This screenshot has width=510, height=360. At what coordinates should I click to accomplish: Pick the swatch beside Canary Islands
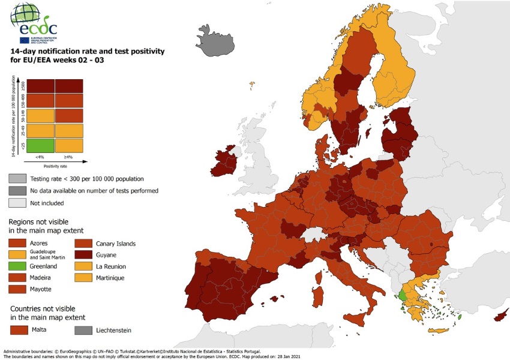pyautogui.click(x=83, y=244)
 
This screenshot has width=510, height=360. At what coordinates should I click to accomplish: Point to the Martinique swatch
pyautogui.click(x=83, y=278)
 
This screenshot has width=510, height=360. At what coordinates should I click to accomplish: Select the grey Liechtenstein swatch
pyautogui.click(x=83, y=329)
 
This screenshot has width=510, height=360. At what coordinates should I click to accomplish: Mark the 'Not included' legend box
pyautogui.click(x=17, y=202)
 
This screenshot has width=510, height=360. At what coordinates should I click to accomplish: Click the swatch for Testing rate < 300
pyautogui.click(x=17, y=179)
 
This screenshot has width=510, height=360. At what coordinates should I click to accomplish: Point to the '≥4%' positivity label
pyautogui.click(x=68, y=157)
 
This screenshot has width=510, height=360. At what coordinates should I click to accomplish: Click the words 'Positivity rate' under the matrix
pyautogui.click(x=55, y=166)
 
